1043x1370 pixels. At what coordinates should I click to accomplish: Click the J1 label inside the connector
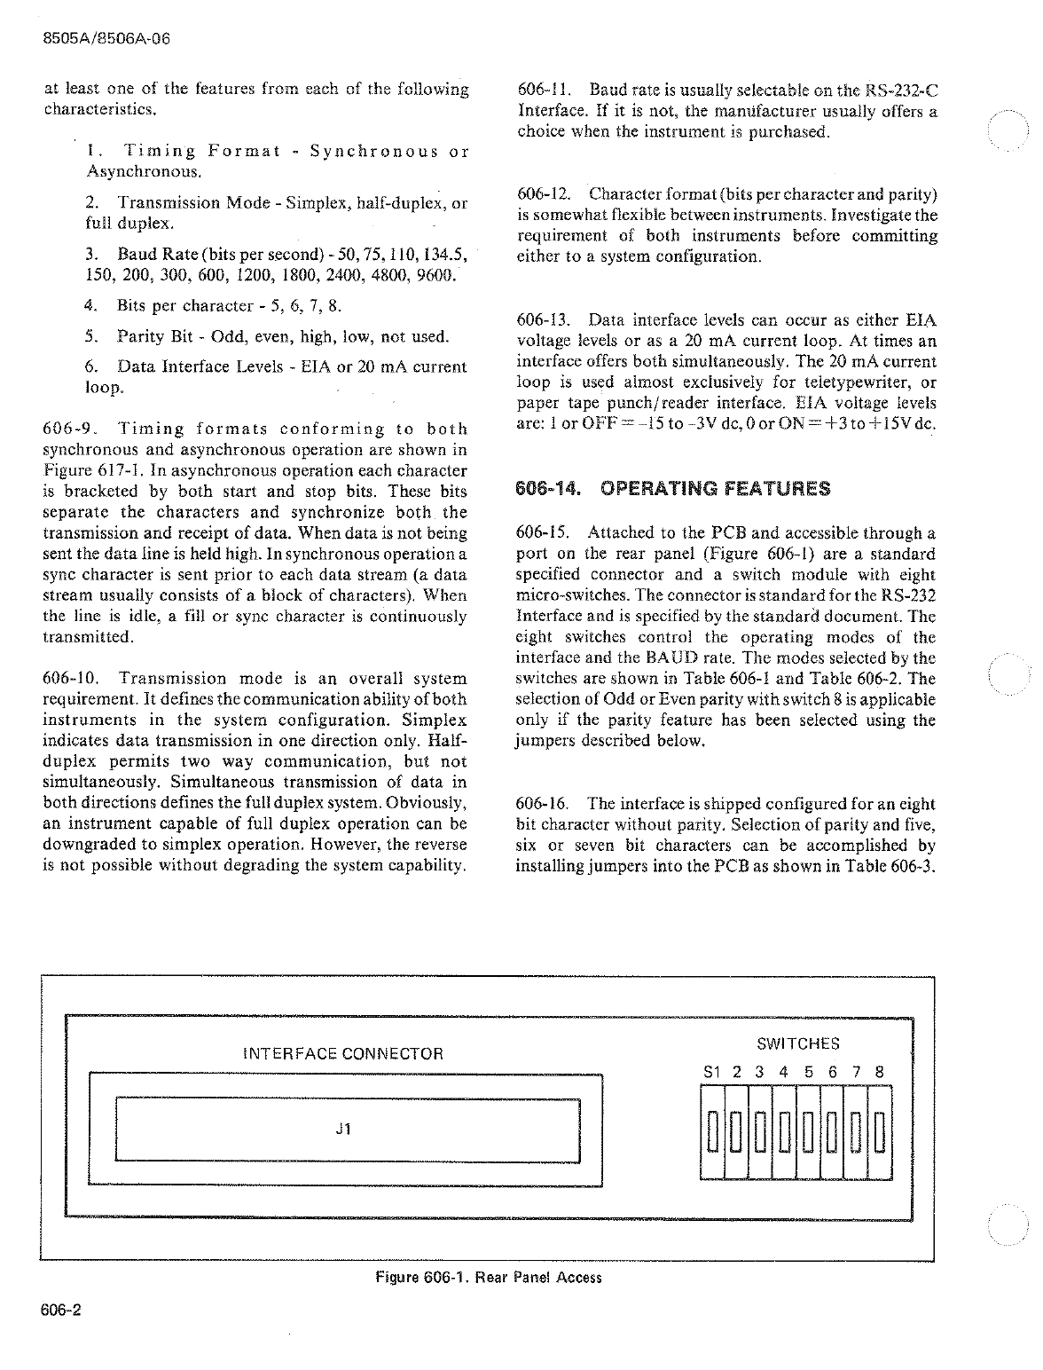pos(345,1130)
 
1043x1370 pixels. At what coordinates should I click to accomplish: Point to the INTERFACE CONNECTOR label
pos(342,1054)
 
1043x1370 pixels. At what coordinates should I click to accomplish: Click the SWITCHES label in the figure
pos(797,1043)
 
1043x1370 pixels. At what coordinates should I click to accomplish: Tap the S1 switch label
pos(710,1072)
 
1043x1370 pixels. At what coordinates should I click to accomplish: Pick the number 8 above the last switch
pos(879,1072)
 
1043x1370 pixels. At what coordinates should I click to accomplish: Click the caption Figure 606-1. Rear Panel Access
pos(488,1278)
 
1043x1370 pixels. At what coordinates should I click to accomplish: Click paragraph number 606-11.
pos(544,91)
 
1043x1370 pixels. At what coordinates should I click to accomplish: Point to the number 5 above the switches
pos(807,1072)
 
